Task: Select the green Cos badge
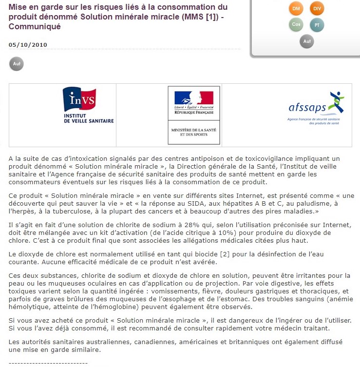296,24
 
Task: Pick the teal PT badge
317,25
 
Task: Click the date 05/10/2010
28,45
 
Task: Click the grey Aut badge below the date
16,64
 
